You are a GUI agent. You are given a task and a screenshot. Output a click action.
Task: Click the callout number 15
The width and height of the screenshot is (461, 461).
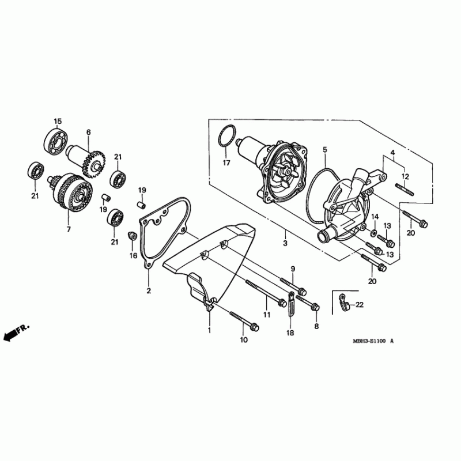[58, 121]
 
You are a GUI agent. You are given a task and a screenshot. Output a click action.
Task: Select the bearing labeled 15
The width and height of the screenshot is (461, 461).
[56, 141]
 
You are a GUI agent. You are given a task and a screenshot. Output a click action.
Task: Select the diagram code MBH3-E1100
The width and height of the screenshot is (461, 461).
[369, 341]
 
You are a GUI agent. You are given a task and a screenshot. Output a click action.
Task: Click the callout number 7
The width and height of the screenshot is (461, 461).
[69, 229]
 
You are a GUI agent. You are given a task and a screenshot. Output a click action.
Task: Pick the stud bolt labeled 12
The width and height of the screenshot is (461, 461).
[405, 190]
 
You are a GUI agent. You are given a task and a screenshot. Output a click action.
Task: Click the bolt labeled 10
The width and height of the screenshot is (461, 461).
[244, 321]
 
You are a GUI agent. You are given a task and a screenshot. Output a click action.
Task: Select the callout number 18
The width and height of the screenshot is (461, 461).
[290, 333]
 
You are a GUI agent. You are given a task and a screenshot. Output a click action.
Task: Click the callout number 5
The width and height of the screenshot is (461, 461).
[325, 150]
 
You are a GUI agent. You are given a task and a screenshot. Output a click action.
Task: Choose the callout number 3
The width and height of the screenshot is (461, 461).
[285, 243]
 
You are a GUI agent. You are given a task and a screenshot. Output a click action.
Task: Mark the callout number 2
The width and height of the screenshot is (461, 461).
[149, 291]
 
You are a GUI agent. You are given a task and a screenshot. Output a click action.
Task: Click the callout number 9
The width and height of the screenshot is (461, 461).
[293, 269]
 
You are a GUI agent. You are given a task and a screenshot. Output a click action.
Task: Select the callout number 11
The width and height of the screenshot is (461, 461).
[266, 315]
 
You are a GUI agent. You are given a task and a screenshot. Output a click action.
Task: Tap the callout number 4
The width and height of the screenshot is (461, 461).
[392, 153]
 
